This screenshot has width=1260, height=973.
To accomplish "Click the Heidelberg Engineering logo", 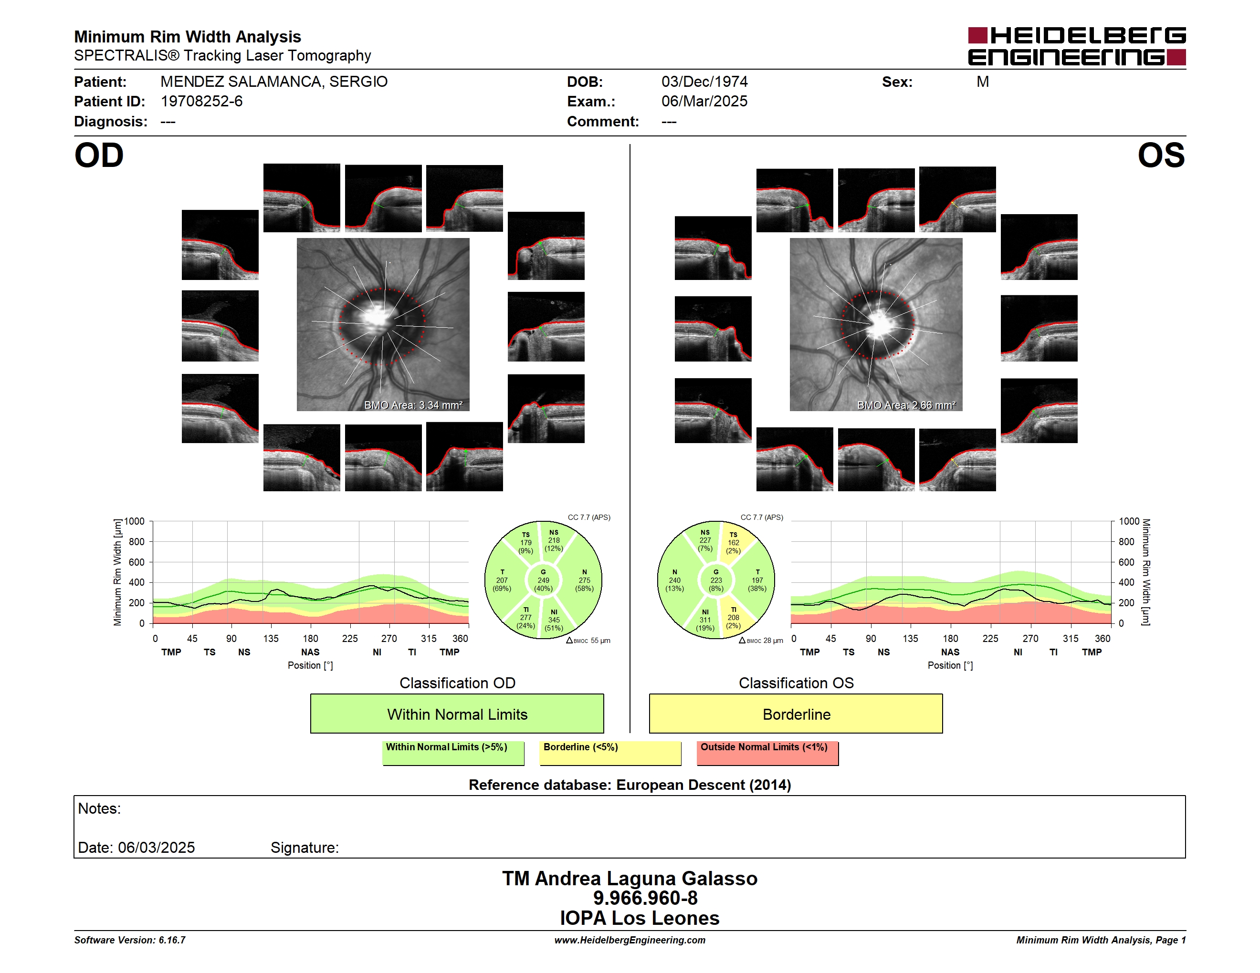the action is click(x=1077, y=46).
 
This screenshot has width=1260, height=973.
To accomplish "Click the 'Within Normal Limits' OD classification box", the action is click(x=457, y=714).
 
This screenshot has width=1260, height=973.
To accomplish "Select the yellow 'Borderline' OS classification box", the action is click(x=796, y=714).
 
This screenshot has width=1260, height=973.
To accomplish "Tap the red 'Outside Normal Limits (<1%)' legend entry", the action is click(x=767, y=753).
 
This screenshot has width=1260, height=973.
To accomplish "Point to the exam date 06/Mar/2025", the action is click(x=704, y=102).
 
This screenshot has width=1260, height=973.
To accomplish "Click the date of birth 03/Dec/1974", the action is click(x=704, y=82).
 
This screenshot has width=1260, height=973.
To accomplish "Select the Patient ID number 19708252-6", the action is click(x=201, y=102).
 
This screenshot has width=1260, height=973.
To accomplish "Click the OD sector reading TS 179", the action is click(x=525, y=542).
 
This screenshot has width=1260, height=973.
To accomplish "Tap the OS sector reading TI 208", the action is click(x=733, y=617).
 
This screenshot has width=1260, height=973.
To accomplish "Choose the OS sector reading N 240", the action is click(x=674, y=580).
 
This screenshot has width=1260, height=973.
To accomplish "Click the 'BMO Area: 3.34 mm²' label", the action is click(x=413, y=405).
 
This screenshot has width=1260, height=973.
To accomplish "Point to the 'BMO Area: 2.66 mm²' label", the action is click(x=906, y=405).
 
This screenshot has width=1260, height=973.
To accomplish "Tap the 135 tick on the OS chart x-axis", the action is click(x=910, y=639).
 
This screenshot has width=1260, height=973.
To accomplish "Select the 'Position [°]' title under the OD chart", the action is click(x=310, y=665).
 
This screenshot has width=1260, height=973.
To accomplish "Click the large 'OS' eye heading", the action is click(x=1161, y=155).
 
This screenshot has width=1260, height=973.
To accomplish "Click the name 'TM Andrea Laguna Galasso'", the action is click(x=630, y=878).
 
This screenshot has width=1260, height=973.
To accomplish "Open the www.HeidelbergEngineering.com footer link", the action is click(x=630, y=940).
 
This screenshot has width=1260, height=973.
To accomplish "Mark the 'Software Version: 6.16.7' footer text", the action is click(x=130, y=940).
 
